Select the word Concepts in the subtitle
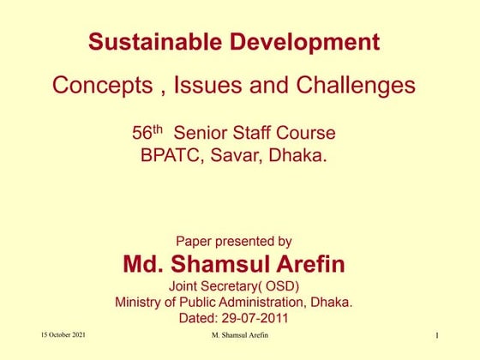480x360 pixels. [x=99, y=86]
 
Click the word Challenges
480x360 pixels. [x=355, y=86]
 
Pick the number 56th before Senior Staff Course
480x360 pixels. [x=147, y=133]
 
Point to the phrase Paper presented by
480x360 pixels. [x=233, y=242]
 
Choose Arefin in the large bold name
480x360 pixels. [x=309, y=263]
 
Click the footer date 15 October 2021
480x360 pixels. [x=63, y=335]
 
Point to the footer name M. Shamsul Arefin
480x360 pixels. [x=239, y=335]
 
